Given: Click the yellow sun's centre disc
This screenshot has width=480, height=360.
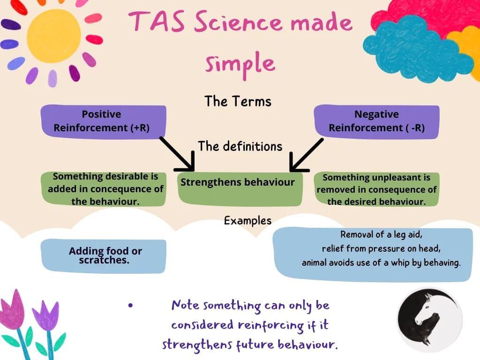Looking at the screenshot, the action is pos(54,36).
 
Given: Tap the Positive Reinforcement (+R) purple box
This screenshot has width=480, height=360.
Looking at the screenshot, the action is pos(104,121).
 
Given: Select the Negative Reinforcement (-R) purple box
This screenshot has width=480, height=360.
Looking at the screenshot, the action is pos(376,121).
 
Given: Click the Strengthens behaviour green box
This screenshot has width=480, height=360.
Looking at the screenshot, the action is pos(240,189).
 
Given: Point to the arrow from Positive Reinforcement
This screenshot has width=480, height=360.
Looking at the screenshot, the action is pos(178,154).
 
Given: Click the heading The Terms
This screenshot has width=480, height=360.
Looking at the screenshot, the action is pos(238,101).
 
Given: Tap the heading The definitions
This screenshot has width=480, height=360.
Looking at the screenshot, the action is pos(240,146).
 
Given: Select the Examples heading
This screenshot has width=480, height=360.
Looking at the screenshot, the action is pos(247,221).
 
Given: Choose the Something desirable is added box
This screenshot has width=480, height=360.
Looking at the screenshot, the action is pos(104,188).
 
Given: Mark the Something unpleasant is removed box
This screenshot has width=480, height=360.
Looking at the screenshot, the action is pos(376,189).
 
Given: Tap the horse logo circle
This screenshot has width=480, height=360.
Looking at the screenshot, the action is pos(430,320).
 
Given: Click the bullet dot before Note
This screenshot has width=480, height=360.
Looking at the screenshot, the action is pos(131,305).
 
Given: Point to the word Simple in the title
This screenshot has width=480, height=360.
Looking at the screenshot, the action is pos(240,64).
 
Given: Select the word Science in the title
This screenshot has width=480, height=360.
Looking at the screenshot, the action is pos(238,22).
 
